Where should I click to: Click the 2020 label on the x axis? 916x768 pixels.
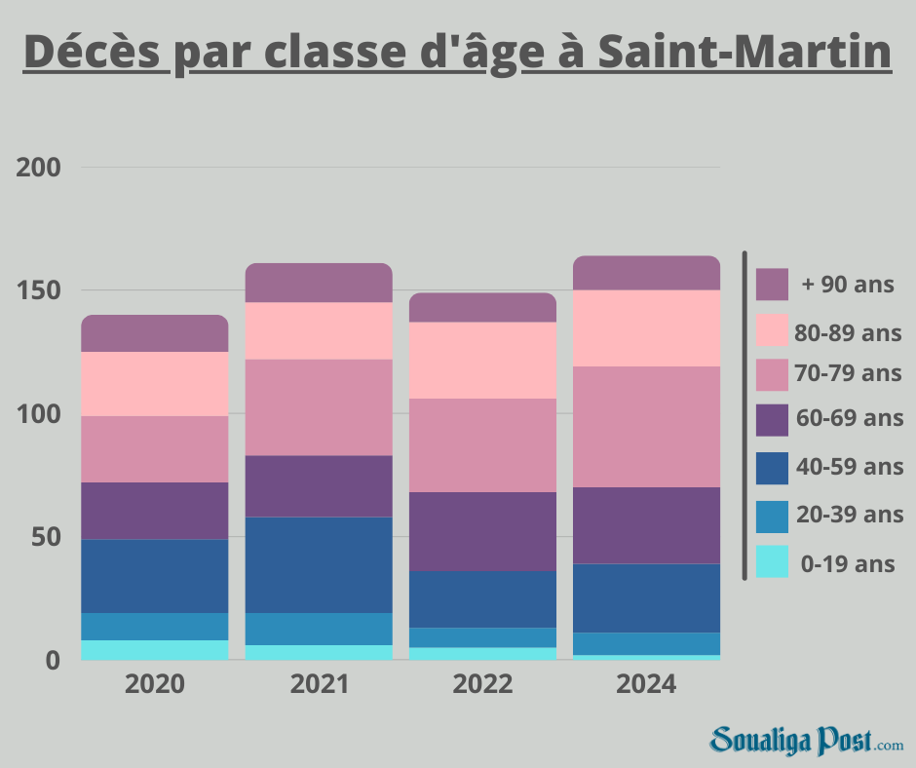(155, 685)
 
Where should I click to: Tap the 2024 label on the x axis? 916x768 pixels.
(646, 685)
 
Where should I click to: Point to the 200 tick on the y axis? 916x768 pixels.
(40, 168)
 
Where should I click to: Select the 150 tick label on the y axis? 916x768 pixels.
(40, 291)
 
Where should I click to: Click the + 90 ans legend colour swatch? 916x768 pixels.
(772, 285)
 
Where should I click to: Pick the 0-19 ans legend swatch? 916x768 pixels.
(772, 562)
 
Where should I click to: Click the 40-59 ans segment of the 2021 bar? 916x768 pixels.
(319, 564)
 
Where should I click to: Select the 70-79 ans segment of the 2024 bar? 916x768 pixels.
(646, 426)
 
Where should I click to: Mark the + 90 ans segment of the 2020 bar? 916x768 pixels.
(155, 333)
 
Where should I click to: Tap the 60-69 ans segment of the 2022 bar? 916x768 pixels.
(482, 531)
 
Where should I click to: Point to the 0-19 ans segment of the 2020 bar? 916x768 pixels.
(155, 650)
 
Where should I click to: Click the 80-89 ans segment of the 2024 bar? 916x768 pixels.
(646, 327)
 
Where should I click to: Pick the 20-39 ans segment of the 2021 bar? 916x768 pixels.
(319, 629)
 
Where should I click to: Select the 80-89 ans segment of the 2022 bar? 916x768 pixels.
(482, 360)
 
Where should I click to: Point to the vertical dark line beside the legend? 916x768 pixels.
(744, 415)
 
